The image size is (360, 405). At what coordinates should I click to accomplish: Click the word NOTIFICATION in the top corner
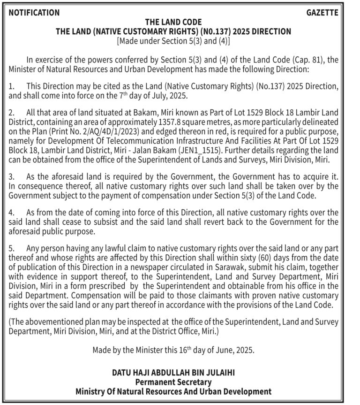point(34,13)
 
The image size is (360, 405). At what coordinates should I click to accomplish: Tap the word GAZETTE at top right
point(322,13)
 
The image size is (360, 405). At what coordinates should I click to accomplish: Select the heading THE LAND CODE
point(173,22)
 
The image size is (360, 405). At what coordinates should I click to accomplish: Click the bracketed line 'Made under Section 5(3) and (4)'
point(173,41)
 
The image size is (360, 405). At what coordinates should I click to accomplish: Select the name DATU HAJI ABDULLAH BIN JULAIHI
point(173,373)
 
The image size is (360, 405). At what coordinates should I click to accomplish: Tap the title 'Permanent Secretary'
point(173,382)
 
